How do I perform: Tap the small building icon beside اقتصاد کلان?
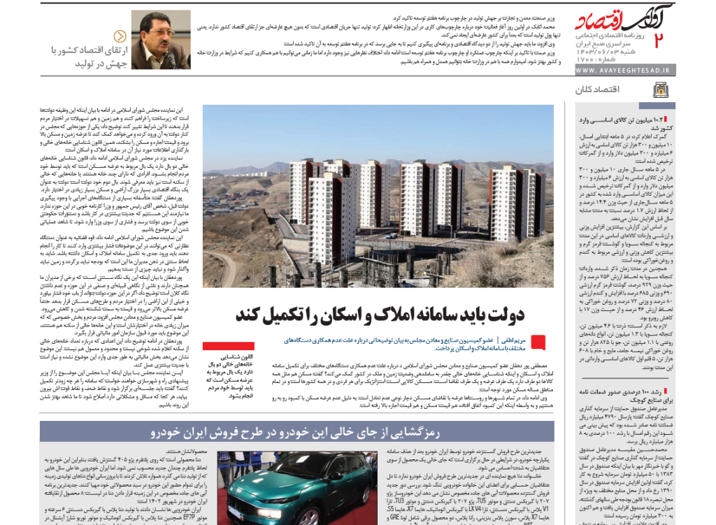(x=660, y=89)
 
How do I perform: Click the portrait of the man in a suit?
(x=161, y=39)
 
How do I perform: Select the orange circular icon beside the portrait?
(x=121, y=36)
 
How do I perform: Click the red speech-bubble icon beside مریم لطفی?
(x=538, y=341)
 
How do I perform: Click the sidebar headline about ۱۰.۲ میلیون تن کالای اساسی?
(x=618, y=124)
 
